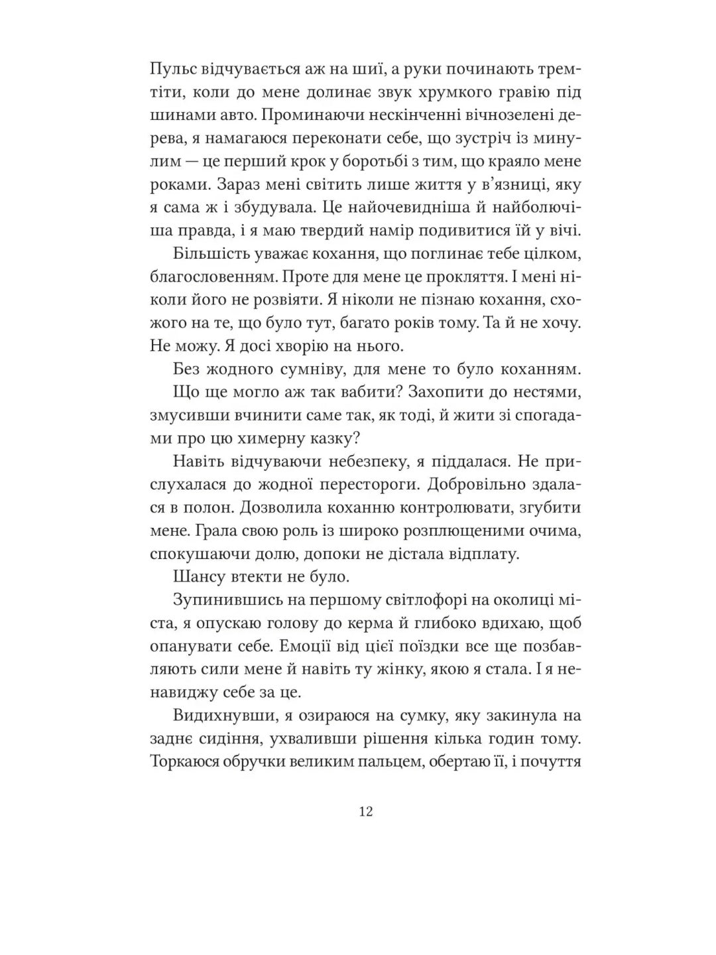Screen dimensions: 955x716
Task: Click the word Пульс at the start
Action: tap(171, 70)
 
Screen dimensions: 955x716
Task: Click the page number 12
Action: tap(365, 812)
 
